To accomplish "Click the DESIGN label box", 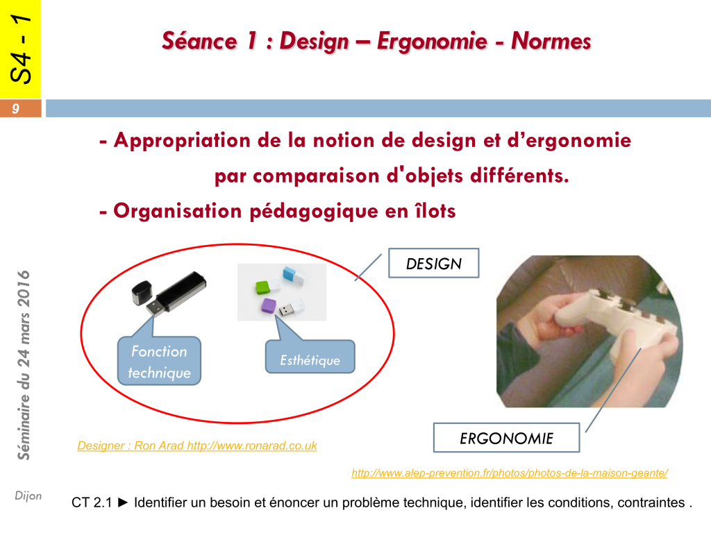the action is pyautogui.click(x=433, y=263).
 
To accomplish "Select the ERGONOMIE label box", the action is pyautogui.click(x=506, y=438).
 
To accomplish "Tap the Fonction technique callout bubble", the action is pyautogui.click(x=159, y=361).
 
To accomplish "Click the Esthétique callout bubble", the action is pyautogui.click(x=310, y=356).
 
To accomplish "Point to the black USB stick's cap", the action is pyautogui.click(x=142, y=292).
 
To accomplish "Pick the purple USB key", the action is pyautogui.click(x=269, y=305).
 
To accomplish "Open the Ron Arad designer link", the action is pyautogui.click(x=197, y=446).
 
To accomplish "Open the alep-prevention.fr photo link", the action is pyautogui.click(x=510, y=473).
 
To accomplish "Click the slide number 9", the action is pyautogui.click(x=16, y=109).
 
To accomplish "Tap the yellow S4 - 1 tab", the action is pyautogui.click(x=20, y=49).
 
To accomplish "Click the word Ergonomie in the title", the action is pyautogui.click(x=432, y=41).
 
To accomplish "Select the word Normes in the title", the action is pyautogui.click(x=551, y=41).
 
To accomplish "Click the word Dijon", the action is pyautogui.click(x=28, y=496).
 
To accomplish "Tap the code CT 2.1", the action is pyautogui.click(x=92, y=502).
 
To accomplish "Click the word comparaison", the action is pyautogui.click(x=316, y=176).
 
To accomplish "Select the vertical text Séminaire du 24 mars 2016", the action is pyautogui.click(x=23, y=365).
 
